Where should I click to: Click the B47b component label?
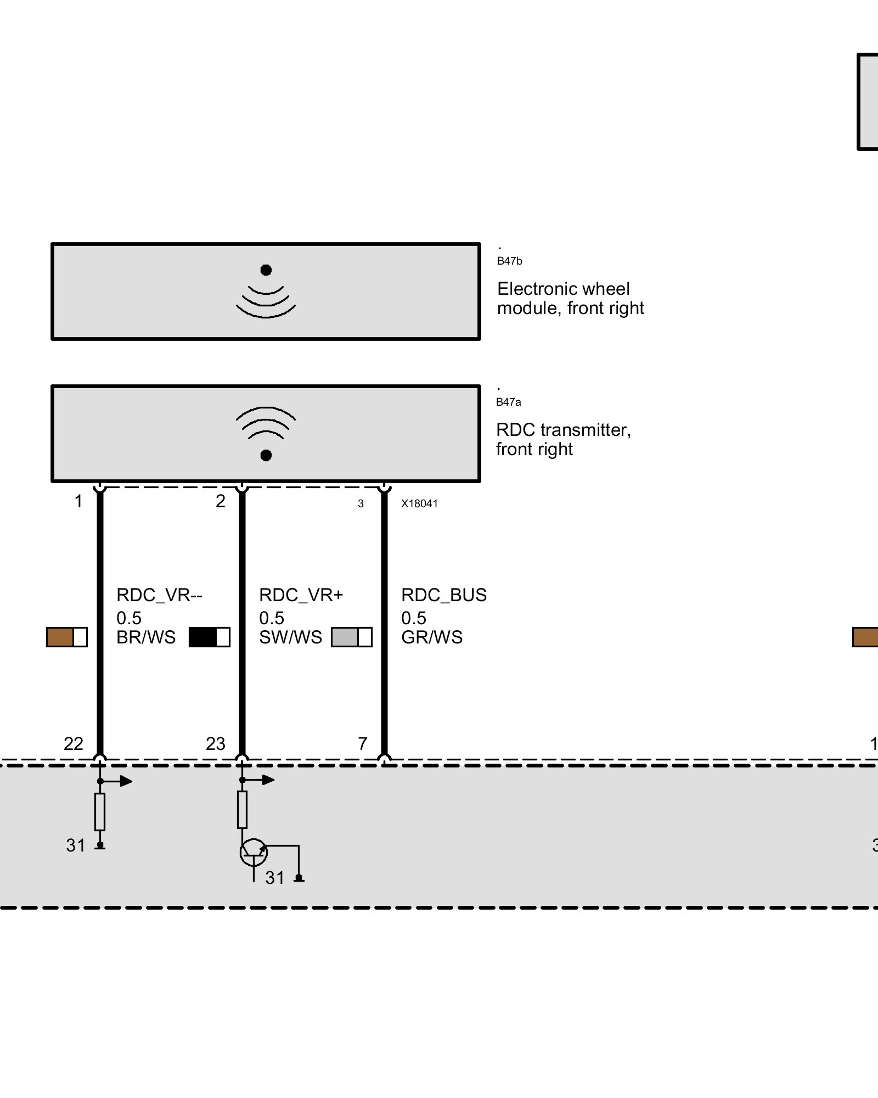pos(509,261)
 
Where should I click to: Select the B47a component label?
pos(508,402)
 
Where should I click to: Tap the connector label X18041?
pos(419,504)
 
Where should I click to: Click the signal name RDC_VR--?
pos(159,595)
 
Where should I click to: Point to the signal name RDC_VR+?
pos(301,595)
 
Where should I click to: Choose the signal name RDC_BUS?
pos(444,595)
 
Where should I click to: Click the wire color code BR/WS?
pos(146,637)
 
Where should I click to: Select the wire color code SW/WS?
pos(290,637)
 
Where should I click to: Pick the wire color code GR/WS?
pos(432,637)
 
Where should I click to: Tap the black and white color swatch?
pos(209,637)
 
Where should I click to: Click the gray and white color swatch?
pos(351,637)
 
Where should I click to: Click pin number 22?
pos(74,744)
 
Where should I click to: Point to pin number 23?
pos(216,744)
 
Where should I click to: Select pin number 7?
pos(362,744)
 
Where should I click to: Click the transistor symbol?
pos(254,852)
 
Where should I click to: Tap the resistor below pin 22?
pos(100,811)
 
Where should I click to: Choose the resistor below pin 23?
pos(242,810)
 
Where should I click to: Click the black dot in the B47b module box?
pos(266,270)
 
